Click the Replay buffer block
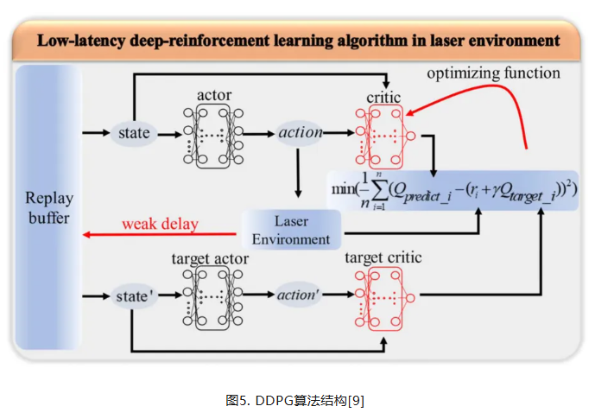tap(47, 206)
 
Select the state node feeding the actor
tap(135, 133)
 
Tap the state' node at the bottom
tap(135, 296)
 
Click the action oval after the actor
tap(301, 133)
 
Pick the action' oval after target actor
tap(298, 295)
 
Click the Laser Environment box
tap(291, 230)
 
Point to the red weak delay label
tap(160, 225)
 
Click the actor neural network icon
tap(212, 134)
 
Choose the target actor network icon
tap(212, 296)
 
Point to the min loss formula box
tap(453, 189)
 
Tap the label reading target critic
tap(383, 258)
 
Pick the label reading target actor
tap(210, 258)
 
